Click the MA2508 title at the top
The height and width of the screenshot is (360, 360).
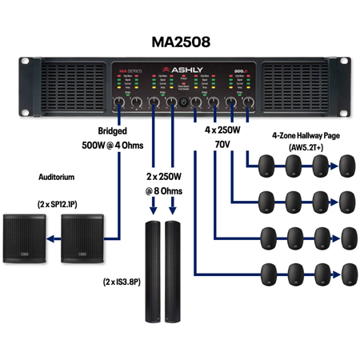[180, 40]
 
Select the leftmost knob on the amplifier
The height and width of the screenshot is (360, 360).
[118, 102]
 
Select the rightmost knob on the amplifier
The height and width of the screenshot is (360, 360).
[248, 102]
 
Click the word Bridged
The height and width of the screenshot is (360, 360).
[112, 130]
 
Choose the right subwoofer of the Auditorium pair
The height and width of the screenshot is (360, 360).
[83, 238]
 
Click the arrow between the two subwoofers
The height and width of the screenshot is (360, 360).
[54, 238]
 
